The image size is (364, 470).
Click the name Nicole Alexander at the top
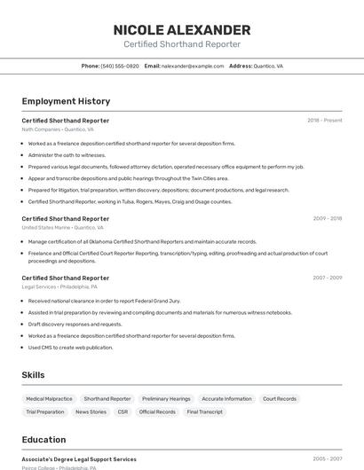coord(182,30)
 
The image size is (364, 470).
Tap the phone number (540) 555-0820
coord(120,67)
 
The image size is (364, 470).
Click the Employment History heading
coord(66,101)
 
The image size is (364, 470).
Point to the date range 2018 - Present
coord(324,121)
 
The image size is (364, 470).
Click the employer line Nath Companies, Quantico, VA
coord(58,129)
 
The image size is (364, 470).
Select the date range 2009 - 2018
coord(327,218)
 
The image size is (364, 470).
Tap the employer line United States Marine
coord(58,227)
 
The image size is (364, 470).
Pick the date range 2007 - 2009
coord(327,278)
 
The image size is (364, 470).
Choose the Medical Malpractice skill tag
coord(50,399)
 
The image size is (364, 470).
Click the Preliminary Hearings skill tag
coord(166,399)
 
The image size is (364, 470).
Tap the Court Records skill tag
coord(280,399)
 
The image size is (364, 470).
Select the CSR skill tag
coord(123,411)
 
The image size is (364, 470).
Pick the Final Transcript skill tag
coord(205,411)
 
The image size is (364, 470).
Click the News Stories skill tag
coord(91,411)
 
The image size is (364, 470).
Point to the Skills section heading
coord(34,375)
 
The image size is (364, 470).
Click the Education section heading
coord(44,440)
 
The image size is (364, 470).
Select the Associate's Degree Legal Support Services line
coord(79,459)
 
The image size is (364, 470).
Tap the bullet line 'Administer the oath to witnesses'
coord(67,154)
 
